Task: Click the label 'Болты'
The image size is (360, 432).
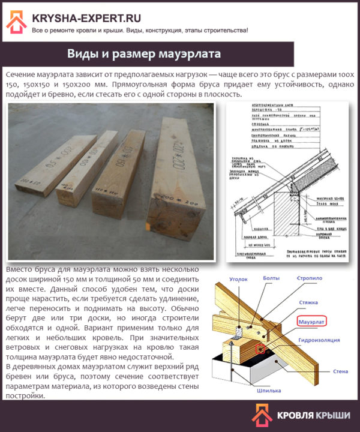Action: pyautogui.click(x=272, y=278)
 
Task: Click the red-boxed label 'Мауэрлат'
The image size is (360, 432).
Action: pyautogui.click(x=313, y=321)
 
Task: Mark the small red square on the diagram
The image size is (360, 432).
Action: pyautogui.click(x=260, y=349)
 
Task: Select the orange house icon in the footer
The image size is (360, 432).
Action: pyautogui.click(x=262, y=415)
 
